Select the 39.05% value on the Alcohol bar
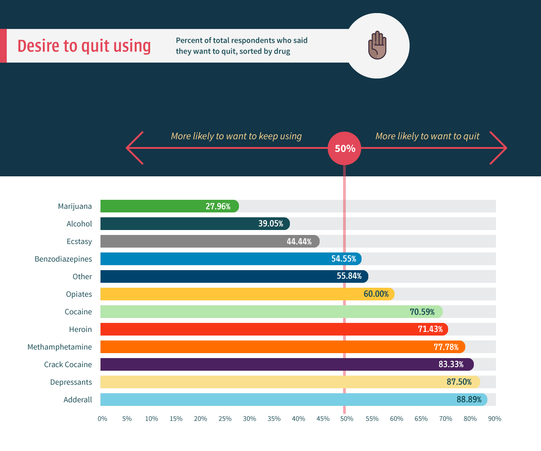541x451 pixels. (270, 224)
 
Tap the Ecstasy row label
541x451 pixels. (79, 241)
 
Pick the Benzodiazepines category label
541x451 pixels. (63, 259)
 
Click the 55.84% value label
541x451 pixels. (349, 276)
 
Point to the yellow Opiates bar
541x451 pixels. (225, 294)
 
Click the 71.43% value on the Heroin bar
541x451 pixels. (430, 329)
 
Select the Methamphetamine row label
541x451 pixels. (60, 347)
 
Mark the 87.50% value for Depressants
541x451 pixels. (459, 382)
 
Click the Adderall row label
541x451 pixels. (78, 400)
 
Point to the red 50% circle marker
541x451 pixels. (345, 148)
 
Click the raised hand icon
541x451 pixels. (377, 45)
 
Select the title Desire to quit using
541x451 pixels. (84, 46)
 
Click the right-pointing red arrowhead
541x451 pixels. (499, 148)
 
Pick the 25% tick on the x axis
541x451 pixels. (225, 419)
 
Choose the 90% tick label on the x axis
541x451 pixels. (494, 419)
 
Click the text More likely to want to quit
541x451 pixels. (427, 136)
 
